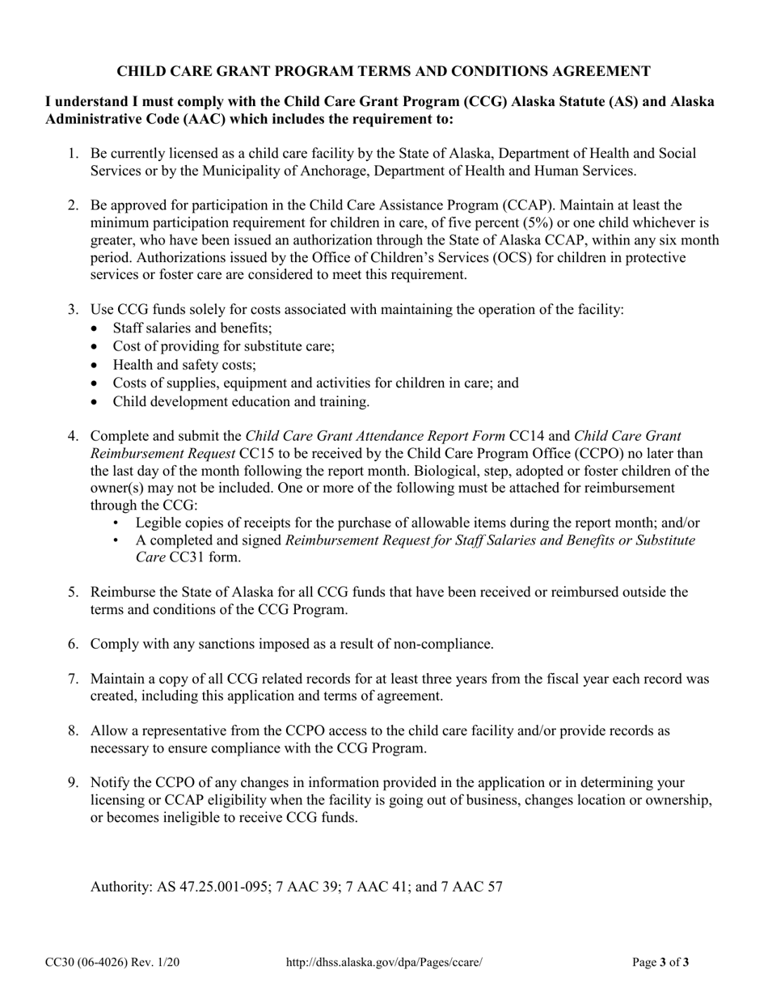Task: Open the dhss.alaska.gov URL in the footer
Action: coord(385,963)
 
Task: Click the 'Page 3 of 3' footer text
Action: coord(660,963)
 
